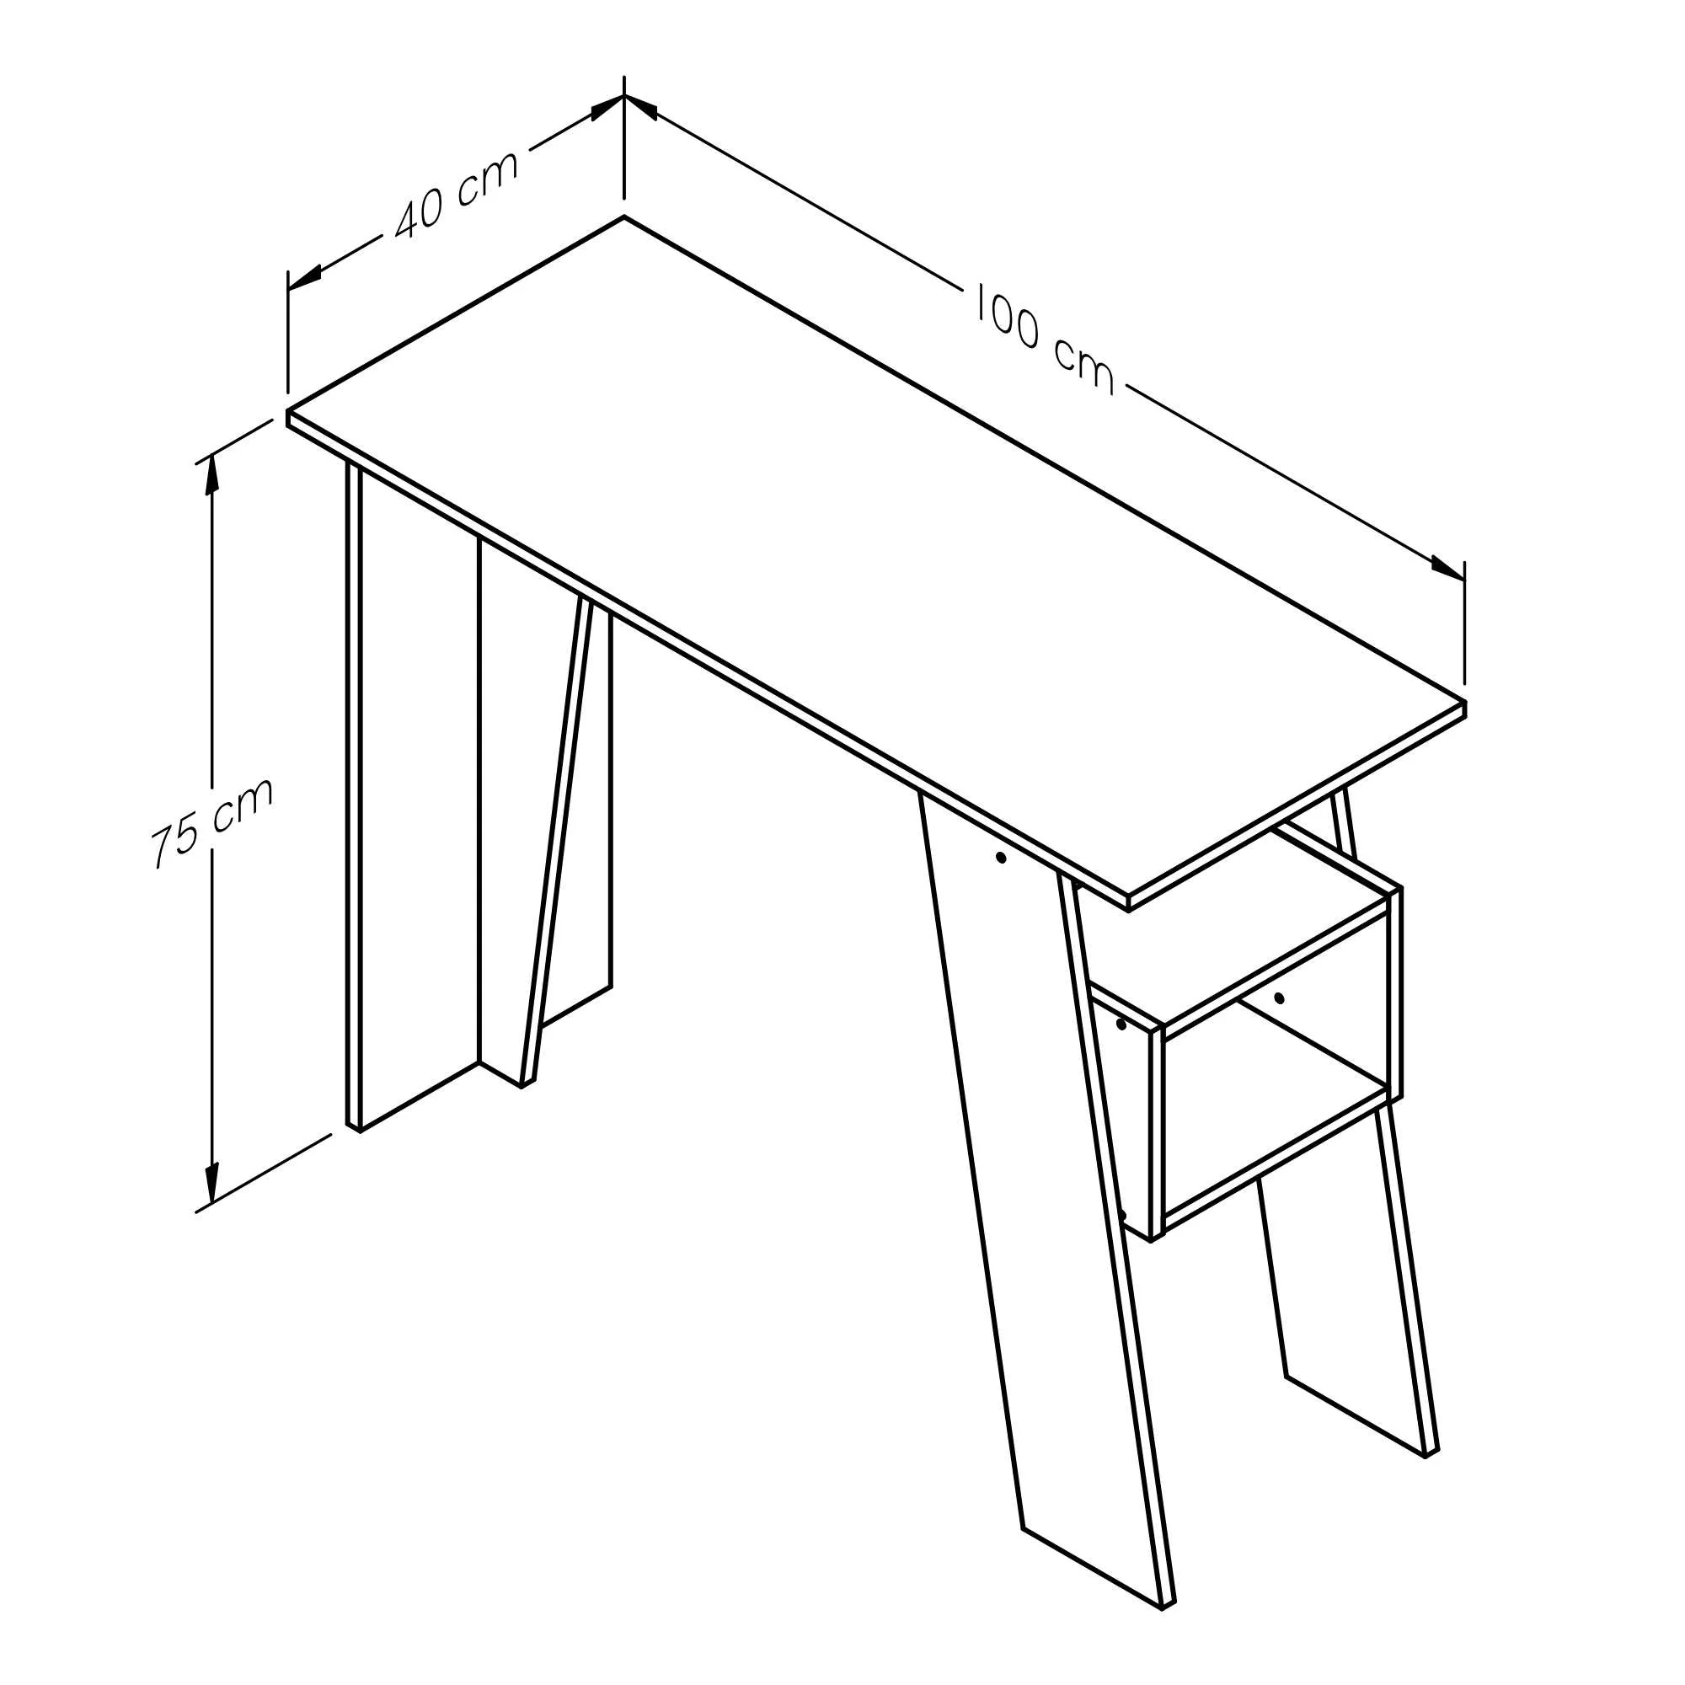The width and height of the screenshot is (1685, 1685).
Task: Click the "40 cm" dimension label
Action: pos(455,194)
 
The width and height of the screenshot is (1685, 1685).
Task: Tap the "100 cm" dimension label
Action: pos(1043,339)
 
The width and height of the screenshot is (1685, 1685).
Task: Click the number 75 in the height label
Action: pos(175,841)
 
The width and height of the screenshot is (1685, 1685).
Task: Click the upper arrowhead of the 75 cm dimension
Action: pos(210,475)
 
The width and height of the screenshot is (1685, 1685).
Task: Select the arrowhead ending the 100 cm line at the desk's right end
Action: pos(1447,568)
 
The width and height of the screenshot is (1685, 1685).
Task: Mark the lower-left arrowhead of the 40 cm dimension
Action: pos(305,275)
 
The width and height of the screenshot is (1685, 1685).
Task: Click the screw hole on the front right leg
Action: pos(1001,859)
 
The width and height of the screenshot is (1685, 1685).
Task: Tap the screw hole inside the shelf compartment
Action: pos(1280,998)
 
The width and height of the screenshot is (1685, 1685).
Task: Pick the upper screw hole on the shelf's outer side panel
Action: pos(1121,1024)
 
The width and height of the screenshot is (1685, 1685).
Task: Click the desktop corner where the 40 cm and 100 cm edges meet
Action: pos(623,217)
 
